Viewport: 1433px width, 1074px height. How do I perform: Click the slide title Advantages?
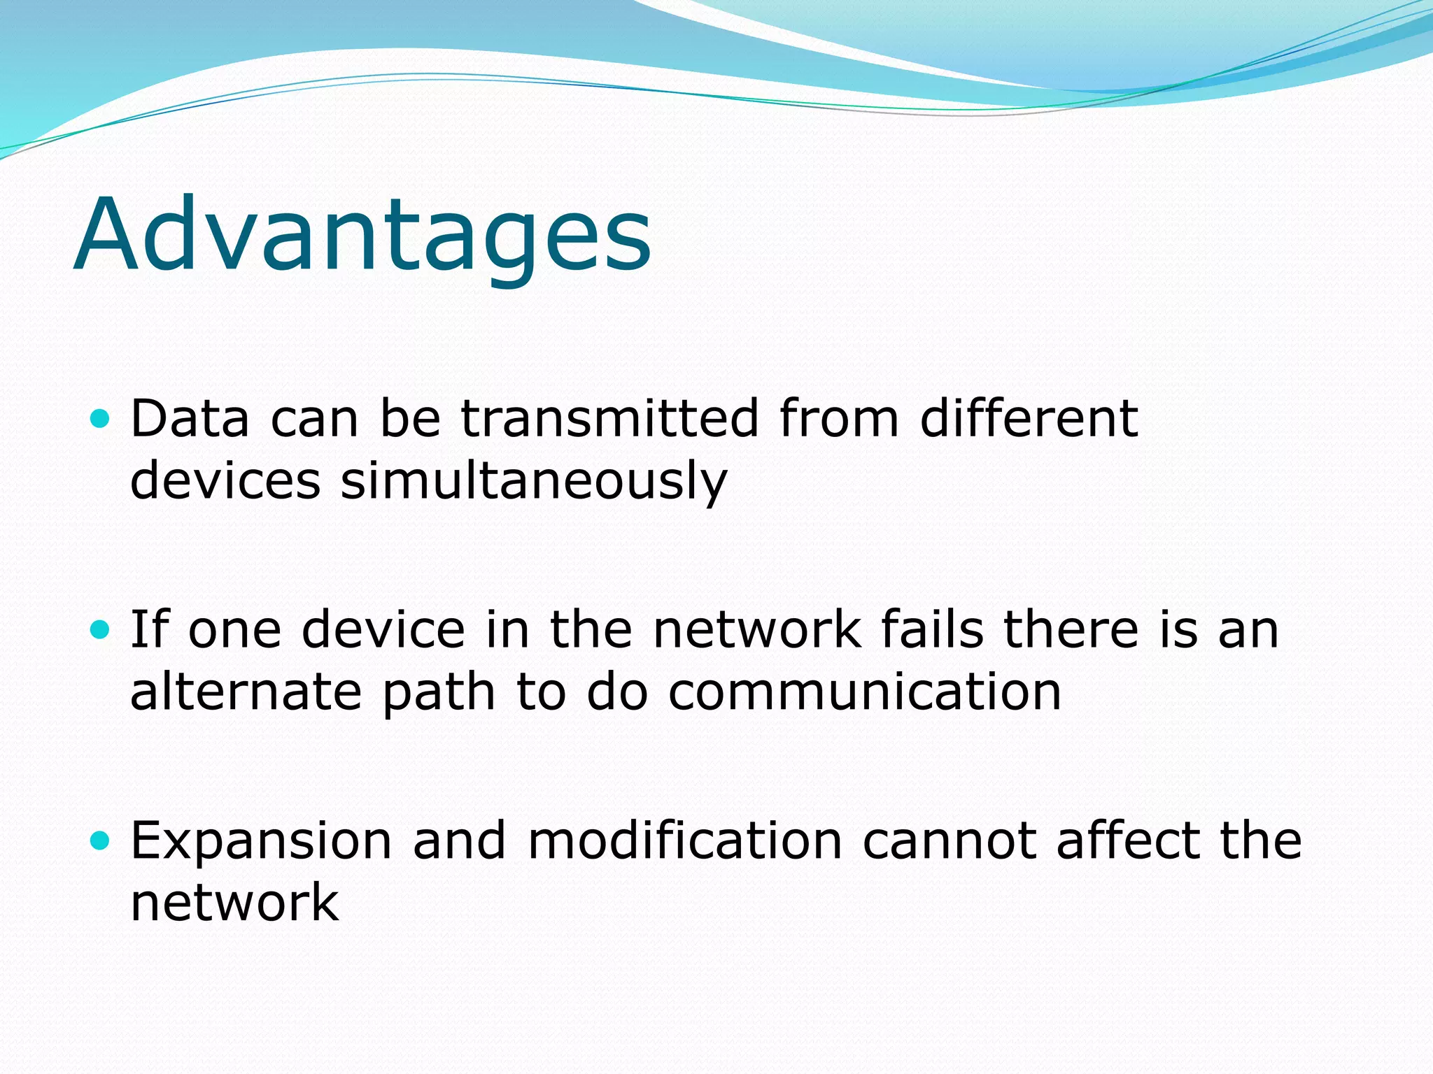coord(362,234)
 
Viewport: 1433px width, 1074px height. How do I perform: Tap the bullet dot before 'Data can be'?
coord(101,419)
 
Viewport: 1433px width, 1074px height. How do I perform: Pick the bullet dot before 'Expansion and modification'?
coord(101,840)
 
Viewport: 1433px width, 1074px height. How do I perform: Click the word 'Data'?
coord(190,419)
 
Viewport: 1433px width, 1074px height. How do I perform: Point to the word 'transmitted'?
coord(609,419)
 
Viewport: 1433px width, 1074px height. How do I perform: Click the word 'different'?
coord(1029,419)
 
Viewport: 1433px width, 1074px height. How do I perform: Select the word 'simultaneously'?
coord(534,482)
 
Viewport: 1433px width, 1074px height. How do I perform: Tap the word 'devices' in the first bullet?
coord(225,481)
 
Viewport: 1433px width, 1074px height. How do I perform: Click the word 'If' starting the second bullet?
coord(150,629)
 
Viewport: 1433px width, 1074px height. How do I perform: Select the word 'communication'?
coord(865,692)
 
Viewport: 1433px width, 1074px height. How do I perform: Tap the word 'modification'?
coord(684,840)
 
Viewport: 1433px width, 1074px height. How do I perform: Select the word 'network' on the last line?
coord(234,903)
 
